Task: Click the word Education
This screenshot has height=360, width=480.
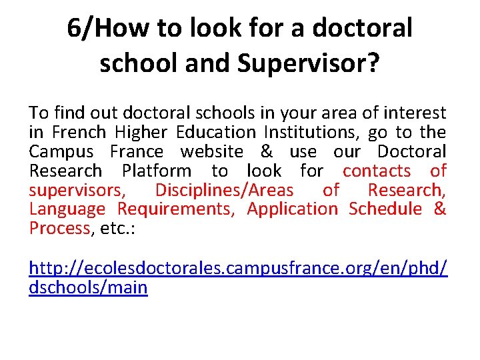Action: point(216,132)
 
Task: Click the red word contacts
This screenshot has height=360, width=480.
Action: point(377,171)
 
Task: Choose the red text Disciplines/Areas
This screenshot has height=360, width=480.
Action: point(224,190)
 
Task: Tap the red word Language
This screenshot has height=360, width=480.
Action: point(67,209)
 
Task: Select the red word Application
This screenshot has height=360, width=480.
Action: point(293,209)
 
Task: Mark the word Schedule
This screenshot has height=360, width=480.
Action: point(385,209)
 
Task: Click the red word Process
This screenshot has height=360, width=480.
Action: point(59,228)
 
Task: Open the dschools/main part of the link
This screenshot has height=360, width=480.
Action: point(89,288)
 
